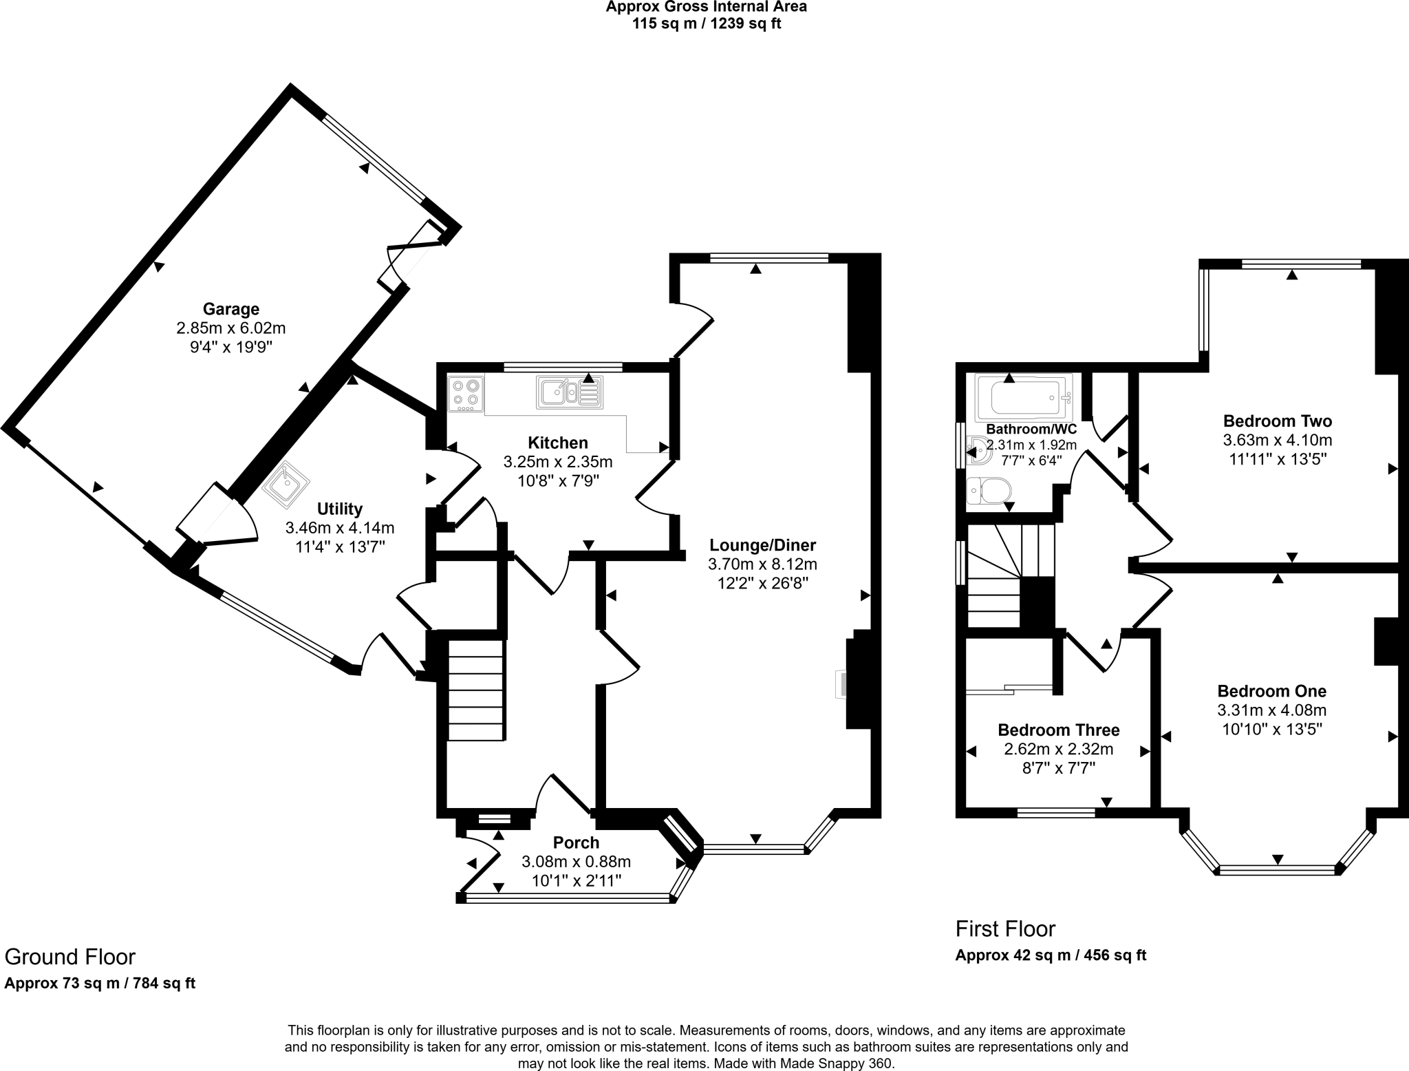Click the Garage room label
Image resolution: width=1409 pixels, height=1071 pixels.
(230, 309)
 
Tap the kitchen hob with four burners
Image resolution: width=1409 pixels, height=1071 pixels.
(465, 393)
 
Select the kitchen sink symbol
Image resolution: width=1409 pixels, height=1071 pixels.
(570, 392)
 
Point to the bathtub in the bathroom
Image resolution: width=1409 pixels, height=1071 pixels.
(1024, 398)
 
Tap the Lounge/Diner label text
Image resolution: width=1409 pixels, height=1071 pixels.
(762, 546)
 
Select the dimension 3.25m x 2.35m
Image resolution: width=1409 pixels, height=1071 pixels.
(557, 461)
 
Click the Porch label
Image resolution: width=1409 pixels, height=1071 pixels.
(576, 842)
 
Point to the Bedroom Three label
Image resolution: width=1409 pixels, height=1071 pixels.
(1058, 730)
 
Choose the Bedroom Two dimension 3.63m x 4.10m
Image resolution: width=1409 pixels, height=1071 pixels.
(1277, 440)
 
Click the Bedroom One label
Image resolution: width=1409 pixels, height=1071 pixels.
(1271, 691)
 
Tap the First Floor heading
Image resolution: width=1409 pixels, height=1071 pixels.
(1005, 929)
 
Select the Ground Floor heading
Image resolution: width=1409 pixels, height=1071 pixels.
(70, 957)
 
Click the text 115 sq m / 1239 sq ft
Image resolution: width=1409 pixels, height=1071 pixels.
(706, 23)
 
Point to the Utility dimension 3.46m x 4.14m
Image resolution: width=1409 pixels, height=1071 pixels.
(339, 528)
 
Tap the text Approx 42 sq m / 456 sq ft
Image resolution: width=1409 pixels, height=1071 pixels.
(1051, 955)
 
